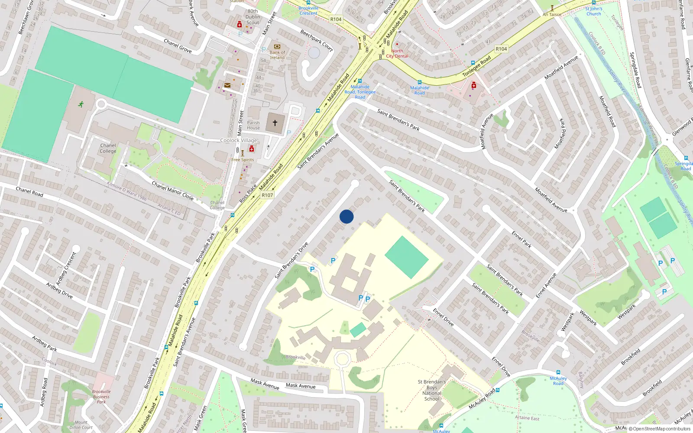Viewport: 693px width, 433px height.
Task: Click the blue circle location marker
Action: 346,216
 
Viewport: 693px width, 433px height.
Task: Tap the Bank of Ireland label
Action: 277,55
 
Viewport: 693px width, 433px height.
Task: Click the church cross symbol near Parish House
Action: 275,123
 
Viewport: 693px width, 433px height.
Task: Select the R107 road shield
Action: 267,195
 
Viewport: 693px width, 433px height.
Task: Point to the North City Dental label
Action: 397,53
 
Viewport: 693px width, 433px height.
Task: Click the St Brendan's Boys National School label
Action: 432,390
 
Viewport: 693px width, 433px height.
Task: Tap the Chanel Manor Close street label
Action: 172,191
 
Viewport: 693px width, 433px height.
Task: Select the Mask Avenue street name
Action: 301,385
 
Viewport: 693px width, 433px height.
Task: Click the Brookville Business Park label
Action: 101,397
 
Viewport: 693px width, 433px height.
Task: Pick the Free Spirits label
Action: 243,160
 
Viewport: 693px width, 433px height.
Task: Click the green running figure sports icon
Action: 81,104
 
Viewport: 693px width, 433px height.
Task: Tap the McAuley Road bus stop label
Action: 558,381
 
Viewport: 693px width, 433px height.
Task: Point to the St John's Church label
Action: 594,11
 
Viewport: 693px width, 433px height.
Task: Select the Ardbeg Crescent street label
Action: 66,268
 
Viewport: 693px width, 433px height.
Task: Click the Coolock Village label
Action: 239,140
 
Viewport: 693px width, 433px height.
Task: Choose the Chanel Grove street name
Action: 178,46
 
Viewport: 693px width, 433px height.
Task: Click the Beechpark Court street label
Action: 317,41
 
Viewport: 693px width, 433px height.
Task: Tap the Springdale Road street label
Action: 635,70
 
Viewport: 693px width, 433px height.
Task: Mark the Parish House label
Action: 253,125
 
